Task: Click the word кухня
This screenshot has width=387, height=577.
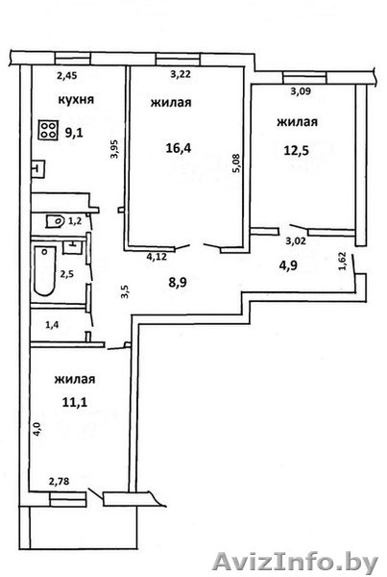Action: pos(76,99)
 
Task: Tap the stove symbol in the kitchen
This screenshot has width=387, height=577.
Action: pos(48,130)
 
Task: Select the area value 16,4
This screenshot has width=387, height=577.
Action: pos(179,148)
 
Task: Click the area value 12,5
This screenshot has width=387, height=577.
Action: pos(296,151)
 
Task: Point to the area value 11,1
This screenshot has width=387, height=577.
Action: pos(75,402)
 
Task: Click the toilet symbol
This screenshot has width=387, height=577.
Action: pos(55,221)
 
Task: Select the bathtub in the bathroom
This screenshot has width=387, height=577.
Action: pos(44,271)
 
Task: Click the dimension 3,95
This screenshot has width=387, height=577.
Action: pos(114,148)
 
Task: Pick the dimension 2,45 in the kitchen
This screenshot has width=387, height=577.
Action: pos(66,76)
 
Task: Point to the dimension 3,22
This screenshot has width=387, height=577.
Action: pos(181,74)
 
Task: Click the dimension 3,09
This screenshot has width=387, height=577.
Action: pos(301,91)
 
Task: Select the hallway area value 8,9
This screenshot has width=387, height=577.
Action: pos(177,283)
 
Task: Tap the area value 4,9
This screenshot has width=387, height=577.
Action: pos(288,265)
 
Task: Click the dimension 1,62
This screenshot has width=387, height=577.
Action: pos(342,261)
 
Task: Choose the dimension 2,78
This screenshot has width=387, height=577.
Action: pos(60,481)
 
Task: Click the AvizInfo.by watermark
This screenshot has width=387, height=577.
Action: pos(295,562)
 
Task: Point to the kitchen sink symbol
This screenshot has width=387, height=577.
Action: pos(37,169)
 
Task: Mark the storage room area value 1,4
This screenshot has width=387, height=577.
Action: pos(52,325)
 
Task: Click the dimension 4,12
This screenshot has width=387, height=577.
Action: pos(157,256)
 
